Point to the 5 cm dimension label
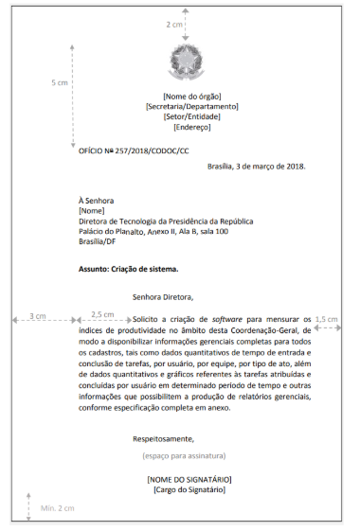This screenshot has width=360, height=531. coord(59,82)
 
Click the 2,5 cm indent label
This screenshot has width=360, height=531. coord(102,314)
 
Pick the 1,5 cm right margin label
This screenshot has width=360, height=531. coord(327,319)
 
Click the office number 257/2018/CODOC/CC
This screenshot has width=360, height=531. coord(147,150)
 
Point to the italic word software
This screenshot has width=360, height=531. coord(227,320)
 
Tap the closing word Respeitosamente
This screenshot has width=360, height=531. coord(164,438)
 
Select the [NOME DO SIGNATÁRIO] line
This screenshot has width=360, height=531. coord(189,479)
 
